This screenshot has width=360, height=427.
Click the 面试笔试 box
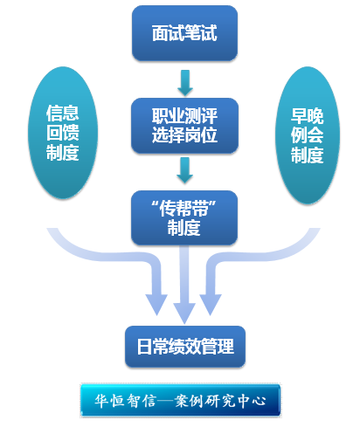tap(184, 33)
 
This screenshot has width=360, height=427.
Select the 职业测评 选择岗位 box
tap(184, 126)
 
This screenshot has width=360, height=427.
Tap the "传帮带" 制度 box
tap(184, 217)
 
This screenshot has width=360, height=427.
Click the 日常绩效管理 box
tap(185, 347)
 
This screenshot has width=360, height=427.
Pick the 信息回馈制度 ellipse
tap(63, 133)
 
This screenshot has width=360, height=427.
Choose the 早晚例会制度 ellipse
tap(308, 135)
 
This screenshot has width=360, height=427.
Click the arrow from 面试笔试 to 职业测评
tap(185, 83)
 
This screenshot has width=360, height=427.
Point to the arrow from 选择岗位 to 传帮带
tap(184, 170)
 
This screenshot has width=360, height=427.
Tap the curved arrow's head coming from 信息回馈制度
tap(156, 304)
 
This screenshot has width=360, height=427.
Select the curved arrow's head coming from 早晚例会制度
tap(211, 304)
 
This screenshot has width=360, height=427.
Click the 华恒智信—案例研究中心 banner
tap(181, 401)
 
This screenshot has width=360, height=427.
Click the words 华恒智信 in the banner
tap(125, 401)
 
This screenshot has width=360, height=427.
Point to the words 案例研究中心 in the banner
tap(220, 401)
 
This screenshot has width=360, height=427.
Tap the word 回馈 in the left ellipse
tap(63, 133)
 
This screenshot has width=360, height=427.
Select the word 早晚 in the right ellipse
tap(308, 116)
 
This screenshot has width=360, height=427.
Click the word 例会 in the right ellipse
tap(308, 134)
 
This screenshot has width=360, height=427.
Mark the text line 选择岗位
tap(184, 134)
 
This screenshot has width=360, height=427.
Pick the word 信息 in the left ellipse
tap(63, 113)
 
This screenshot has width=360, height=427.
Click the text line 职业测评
tap(184, 116)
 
